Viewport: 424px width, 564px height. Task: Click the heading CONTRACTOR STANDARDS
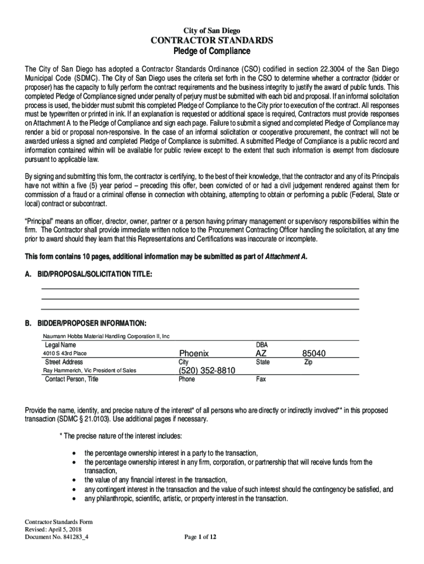(212, 40)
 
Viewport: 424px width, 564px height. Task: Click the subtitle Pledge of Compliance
(212, 51)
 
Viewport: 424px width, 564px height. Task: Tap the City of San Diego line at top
(212, 30)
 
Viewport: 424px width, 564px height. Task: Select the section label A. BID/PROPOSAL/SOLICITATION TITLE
(89, 274)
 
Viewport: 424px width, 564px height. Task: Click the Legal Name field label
(61, 344)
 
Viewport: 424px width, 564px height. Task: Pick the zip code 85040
(314, 353)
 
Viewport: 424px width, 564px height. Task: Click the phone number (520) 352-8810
(206, 371)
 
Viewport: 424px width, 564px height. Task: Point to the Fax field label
(261, 379)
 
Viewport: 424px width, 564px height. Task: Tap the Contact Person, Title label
(72, 379)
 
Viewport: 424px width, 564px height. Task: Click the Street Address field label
(64, 362)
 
